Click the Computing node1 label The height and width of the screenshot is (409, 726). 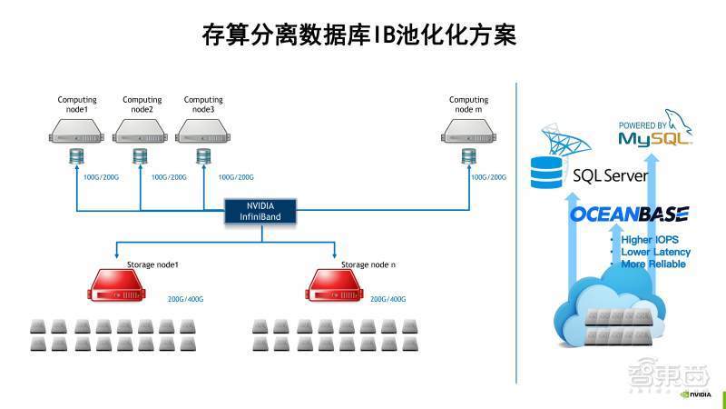click(77, 105)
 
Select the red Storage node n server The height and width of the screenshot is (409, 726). click(338, 284)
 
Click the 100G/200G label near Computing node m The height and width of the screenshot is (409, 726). click(488, 177)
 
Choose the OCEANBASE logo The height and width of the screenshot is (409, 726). click(629, 215)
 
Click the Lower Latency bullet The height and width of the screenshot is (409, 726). click(655, 252)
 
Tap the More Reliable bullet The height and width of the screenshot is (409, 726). click(652, 264)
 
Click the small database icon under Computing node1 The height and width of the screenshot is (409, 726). click(76, 156)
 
